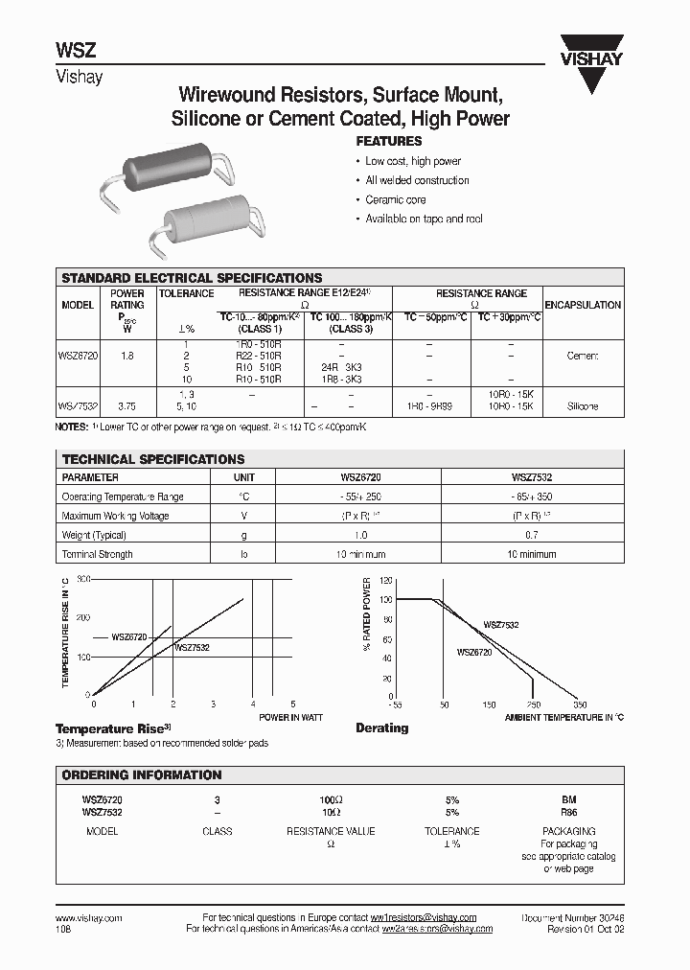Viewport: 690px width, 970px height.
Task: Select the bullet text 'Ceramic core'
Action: pyautogui.click(x=396, y=199)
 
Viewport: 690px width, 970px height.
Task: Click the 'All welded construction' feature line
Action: pyautogui.click(x=417, y=180)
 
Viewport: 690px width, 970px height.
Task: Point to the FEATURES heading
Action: pyautogui.click(x=390, y=141)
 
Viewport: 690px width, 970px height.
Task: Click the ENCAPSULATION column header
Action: pyautogui.click(x=583, y=305)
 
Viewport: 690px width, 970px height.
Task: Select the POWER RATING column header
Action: pyautogui.click(x=127, y=299)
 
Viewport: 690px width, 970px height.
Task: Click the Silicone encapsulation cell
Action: pyautogui.click(x=583, y=406)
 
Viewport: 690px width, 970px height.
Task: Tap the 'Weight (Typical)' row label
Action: pyautogui.click(x=94, y=535)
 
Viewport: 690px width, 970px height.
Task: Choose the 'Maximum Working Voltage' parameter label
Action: pyautogui.click(x=115, y=516)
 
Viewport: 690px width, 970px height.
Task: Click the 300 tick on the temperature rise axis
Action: pyautogui.click(x=83, y=580)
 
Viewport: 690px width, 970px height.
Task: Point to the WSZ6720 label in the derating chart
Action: pyautogui.click(x=474, y=652)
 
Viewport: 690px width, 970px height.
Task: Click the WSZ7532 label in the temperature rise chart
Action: pyautogui.click(x=192, y=648)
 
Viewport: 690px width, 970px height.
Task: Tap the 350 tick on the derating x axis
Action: pyautogui.click(x=579, y=704)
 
